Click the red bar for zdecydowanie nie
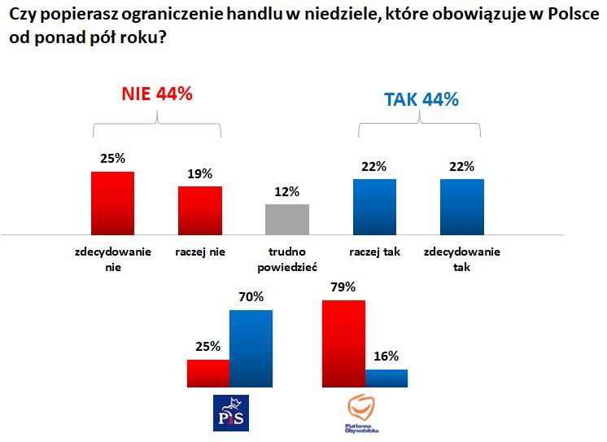coord(112,203)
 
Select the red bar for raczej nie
coord(200,210)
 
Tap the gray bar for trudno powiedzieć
coord(287,219)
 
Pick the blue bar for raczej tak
coord(374,207)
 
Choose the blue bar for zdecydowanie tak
coord(461,207)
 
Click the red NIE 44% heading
coord(156,94)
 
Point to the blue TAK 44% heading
coord(421,100)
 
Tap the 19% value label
coord(200,173)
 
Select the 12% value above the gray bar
coord(287,192)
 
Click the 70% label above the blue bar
coord(251,297)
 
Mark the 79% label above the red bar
coord(344,287)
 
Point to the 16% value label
coord(386,357)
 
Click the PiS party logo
coord(230,413)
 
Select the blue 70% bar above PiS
coord(251,348)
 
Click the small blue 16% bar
coord(386,378)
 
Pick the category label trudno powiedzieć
coord(287,260)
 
